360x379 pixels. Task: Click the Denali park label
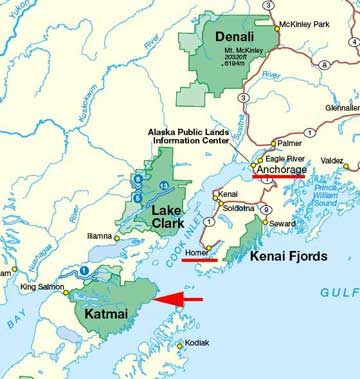pyautogui.click(x=213, y=37)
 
